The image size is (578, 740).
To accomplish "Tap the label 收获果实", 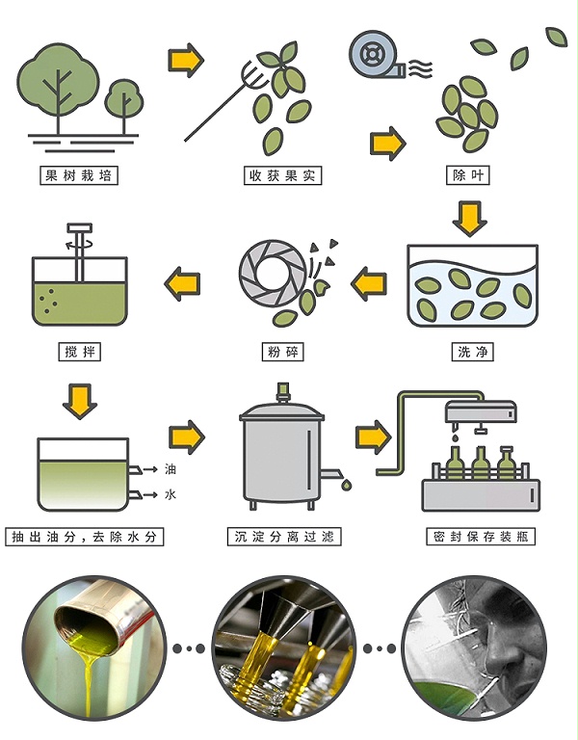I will pos(282,176).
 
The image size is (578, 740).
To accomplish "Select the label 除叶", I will pos(466,176).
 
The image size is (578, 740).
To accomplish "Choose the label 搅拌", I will pos(79,353).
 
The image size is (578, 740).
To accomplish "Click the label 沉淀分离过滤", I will pos(283,536).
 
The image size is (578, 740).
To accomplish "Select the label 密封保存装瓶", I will pos(479,536).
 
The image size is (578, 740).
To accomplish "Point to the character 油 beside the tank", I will pos(171,469).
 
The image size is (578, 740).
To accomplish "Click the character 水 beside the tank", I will pos(171,495).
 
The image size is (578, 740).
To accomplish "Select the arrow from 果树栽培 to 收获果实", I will pos(186,61).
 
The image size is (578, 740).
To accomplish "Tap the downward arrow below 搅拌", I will pos(80,399).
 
